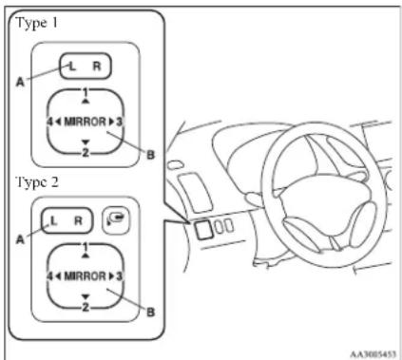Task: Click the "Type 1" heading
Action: [37, 24]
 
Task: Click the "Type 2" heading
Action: [37, 183]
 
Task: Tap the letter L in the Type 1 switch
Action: [72, 66]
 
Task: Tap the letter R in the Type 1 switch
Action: [97, 66]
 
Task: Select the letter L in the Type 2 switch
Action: [53, 220]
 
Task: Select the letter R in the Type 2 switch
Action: [78, 220]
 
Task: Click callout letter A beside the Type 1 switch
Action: [20, 82]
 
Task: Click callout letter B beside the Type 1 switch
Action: [151, 155]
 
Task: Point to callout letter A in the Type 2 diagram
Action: [20, 239]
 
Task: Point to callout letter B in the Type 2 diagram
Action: [151, 313]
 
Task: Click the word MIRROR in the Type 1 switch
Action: [86, 122]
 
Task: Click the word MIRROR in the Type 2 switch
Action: [86, 276]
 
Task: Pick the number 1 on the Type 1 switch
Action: [86, 93]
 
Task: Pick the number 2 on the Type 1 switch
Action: [86, 153]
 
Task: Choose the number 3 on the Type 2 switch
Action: [119, 276]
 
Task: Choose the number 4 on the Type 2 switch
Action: [49, 276]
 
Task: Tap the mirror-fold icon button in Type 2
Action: [117, 219]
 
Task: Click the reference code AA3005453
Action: [373, 353]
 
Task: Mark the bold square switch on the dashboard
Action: [203, 229]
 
